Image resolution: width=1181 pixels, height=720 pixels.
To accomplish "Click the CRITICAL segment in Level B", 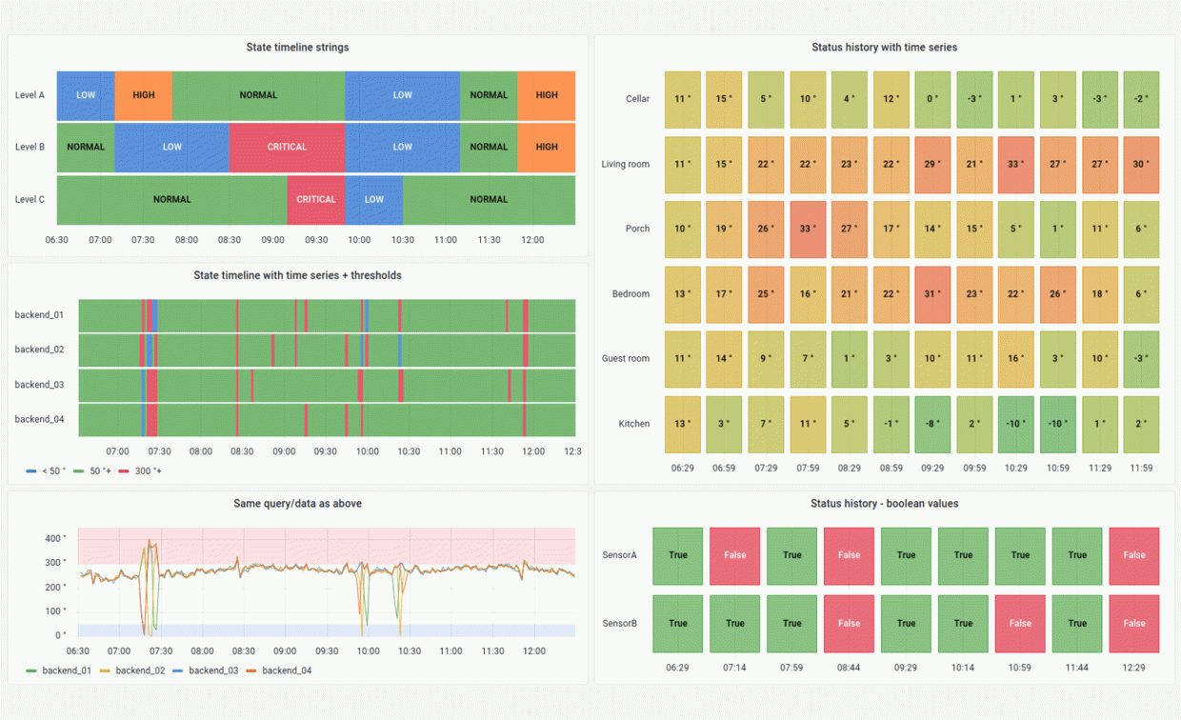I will point(287,147).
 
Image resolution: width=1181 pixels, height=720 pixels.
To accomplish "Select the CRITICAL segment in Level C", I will point(315,199).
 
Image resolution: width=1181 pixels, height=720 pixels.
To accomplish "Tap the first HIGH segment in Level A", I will point(144,95).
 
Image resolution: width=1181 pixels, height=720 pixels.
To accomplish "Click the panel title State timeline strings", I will point(297,47).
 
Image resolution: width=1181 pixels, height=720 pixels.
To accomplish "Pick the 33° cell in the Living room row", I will point(1015,164).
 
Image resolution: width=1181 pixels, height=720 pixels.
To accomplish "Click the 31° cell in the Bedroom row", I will point(932,293).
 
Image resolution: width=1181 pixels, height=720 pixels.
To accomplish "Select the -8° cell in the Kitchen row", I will point(932,424).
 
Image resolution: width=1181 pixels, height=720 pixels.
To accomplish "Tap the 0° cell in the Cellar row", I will point(932,99).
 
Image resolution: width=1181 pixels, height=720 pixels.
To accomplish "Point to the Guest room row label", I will point(625,358).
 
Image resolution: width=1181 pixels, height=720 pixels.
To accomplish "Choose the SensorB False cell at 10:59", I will point(1020,624).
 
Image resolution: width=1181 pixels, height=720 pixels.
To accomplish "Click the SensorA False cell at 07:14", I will point(734,555).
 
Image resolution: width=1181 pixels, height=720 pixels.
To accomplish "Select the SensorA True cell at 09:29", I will point(906,555).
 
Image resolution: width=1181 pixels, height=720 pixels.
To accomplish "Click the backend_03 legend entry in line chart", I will point(211,670).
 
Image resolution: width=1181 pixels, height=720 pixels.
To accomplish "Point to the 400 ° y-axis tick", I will point(54,539).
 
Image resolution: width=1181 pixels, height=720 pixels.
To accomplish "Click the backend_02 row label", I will point(39,350).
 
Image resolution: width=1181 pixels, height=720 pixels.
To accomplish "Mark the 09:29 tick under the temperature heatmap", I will point(932,468).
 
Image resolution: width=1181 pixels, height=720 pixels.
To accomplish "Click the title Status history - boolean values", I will point(884,503).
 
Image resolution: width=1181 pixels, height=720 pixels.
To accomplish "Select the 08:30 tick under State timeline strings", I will point(230,240).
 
